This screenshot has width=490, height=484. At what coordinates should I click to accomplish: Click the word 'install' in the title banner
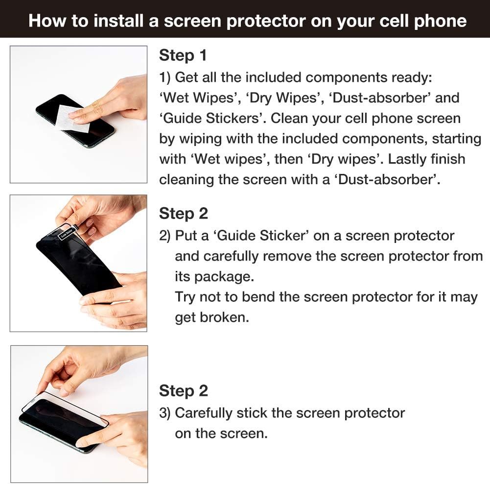click(x=118, y=21)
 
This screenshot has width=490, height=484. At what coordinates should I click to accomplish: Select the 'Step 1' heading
click(x=183, y=55)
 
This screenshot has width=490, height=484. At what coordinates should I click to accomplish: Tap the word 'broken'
click(x=224, y=317)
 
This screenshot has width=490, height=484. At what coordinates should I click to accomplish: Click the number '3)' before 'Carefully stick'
click(x=164, y=413)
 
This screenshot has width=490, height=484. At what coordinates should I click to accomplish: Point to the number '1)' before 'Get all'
click(x=164, y=77)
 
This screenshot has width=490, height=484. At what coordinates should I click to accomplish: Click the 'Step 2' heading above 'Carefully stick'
click(x=184, y=391)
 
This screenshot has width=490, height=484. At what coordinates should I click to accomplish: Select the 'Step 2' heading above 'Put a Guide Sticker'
click(x=184, y=214)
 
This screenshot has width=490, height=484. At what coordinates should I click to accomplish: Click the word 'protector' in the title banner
click(x=266, y=21)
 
